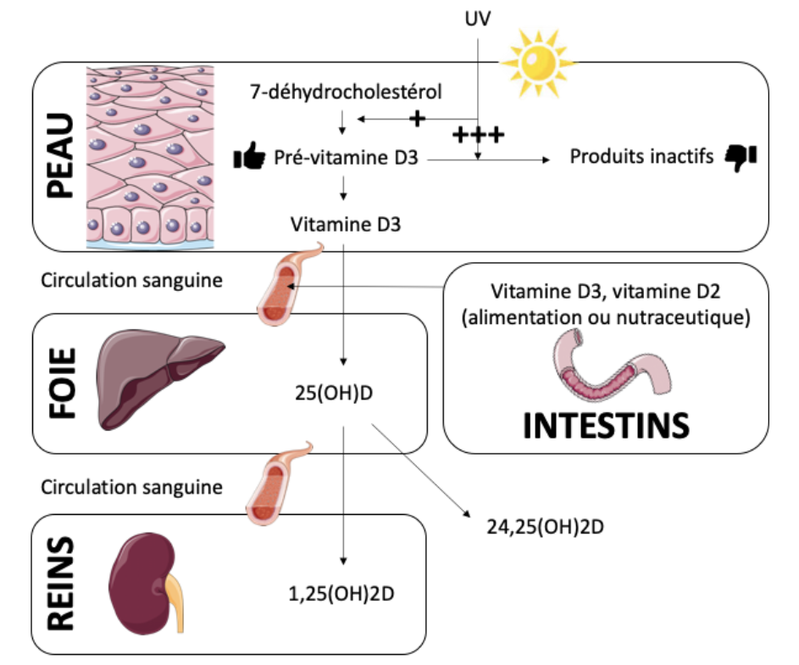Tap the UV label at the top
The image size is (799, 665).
point(477,18)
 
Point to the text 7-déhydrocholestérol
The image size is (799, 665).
point(347,91)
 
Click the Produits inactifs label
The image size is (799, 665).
point(641,157)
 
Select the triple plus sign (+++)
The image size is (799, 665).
point(478,135)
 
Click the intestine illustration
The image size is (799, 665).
point(606,370)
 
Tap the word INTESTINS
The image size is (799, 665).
point(605,425)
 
